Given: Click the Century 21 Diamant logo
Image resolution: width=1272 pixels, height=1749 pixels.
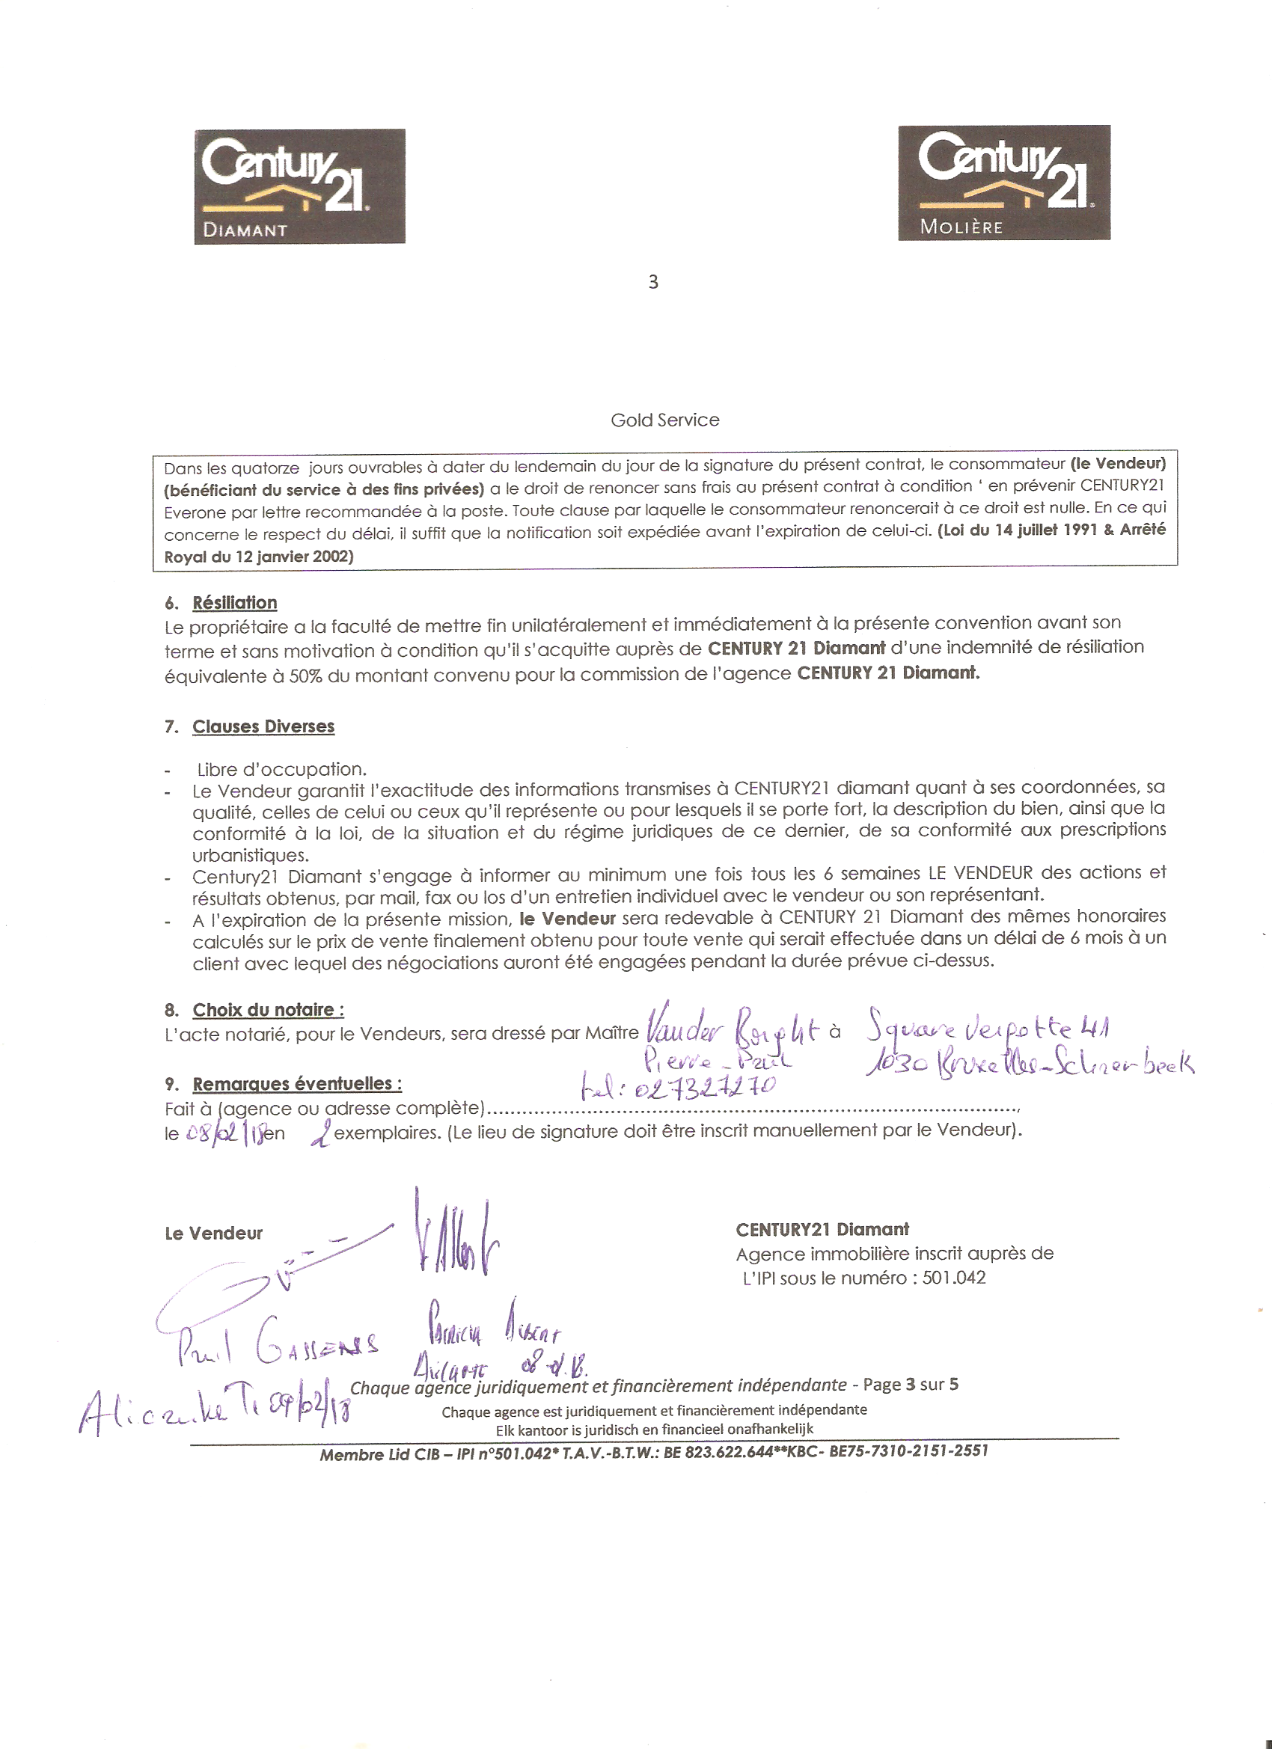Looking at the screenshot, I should [299, 186].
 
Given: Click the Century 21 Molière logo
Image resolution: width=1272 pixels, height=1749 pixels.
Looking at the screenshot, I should [1003, 183].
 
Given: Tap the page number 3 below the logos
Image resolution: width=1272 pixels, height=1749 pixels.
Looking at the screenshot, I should [652, 282].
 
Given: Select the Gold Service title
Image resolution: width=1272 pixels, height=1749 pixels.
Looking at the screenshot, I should [664, 420].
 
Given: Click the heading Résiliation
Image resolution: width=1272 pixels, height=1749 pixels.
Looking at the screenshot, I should [234, 603].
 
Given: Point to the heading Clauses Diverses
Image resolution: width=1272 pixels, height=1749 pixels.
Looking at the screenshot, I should [263, 726].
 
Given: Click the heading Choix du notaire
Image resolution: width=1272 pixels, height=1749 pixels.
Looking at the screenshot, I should [268, 1010].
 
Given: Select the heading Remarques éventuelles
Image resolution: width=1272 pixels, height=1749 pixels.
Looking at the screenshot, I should [297, 1083].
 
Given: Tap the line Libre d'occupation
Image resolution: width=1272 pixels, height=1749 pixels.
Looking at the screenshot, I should [281, 770].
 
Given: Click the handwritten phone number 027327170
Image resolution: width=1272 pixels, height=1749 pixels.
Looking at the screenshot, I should [703, 1088].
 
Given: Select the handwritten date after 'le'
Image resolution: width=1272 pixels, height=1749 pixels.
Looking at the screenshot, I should [224, 1134].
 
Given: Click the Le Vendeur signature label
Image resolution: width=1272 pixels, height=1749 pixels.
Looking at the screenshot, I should [214, 1233].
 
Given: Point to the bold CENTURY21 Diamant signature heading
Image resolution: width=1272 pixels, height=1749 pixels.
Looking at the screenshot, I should [822, 1229].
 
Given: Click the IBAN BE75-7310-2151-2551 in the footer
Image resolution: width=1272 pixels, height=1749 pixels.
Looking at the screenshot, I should [908, 1451].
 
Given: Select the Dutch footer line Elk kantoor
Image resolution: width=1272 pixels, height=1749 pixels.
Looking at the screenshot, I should [654, 1430].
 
